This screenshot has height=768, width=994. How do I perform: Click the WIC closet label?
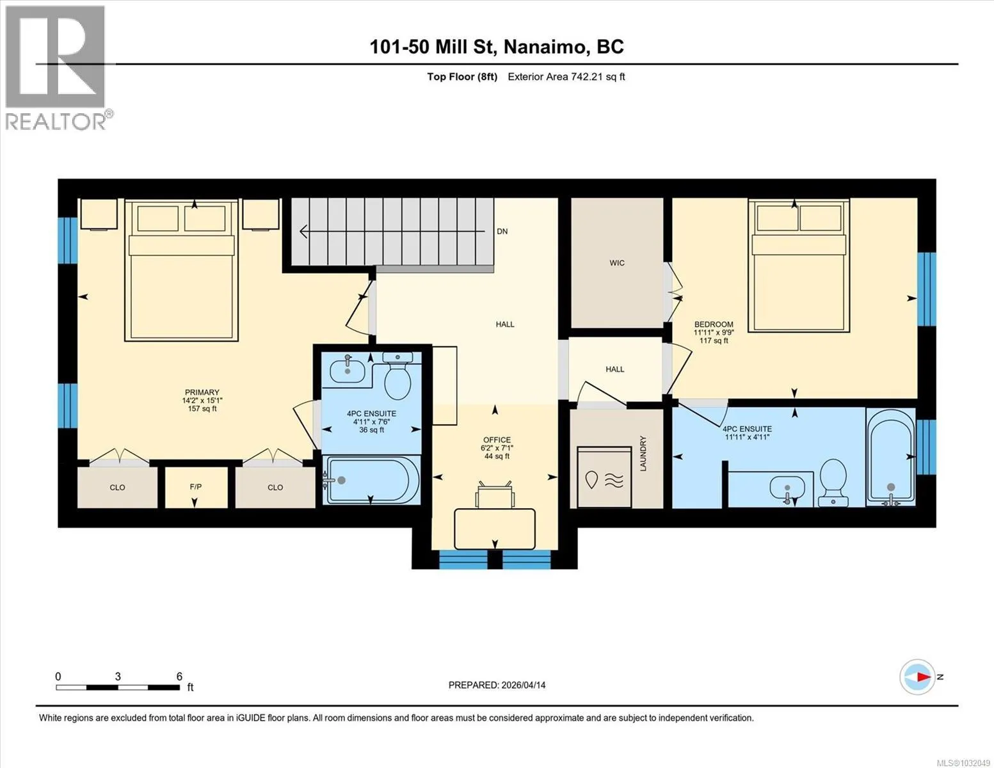click(x=616, y=263)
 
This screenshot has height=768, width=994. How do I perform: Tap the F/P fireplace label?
click(x=196, y=486)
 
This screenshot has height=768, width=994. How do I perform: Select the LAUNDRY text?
click(x=643, y=453)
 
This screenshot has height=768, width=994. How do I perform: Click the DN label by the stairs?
click(x=502, y=232)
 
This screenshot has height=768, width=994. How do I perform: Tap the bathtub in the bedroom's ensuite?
click(x=890, y=458)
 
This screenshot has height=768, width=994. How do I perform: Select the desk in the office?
click(x=495, y=529)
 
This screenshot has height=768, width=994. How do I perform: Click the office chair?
click(x=495, y=495)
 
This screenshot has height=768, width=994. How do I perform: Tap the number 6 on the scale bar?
click(x=179, y=676)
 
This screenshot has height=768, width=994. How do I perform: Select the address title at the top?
click(x=496, y=47)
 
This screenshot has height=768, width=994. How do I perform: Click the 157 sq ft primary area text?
click(x=202, y=408)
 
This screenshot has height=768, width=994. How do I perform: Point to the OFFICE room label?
click(x=497, y=440)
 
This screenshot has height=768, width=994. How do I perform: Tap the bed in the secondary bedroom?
click(x=799, y=266)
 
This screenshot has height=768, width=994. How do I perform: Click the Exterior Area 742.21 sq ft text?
click(x=566, y=77)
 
